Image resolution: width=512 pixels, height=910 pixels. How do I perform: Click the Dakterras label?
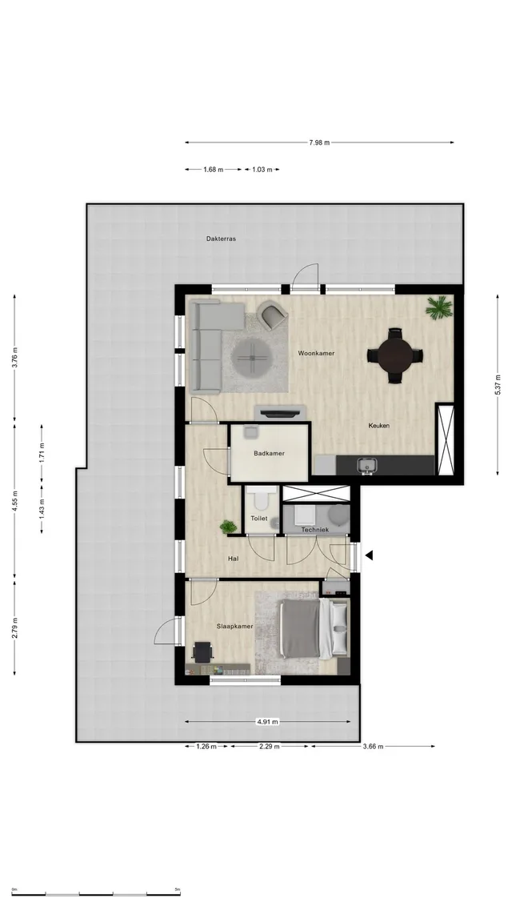(x=221, y=239)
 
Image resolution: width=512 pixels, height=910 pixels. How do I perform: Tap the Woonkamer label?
(x=316, y=353)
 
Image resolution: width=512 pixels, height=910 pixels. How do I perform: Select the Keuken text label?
(x=378, y=426)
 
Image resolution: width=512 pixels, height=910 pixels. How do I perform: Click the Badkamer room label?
(x=269, y=453)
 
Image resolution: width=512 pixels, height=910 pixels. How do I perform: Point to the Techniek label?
(x=315, y=530)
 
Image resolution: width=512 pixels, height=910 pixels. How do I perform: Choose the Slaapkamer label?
(x=235, y=626)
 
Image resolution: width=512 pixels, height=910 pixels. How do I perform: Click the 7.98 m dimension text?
(x=319, y=142)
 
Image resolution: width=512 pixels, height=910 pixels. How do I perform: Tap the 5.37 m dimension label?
(x=497, y=385)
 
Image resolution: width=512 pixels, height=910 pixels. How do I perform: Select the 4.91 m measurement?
(x=267, y=722)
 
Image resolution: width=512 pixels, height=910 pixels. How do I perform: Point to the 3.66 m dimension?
(x=373, y=747)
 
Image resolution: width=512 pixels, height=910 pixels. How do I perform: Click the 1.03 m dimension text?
(x=262, y=170)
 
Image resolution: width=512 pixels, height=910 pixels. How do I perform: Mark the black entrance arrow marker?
(x=369, y=555)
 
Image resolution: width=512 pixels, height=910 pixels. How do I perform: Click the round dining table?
(x=395, y=355)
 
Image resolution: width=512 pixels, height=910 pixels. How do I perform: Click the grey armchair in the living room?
(x=272, y=315)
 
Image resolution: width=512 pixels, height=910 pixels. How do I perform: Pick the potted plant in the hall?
(x=228, y=527)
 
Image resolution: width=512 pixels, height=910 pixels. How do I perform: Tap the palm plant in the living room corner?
(x=439, y=307)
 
